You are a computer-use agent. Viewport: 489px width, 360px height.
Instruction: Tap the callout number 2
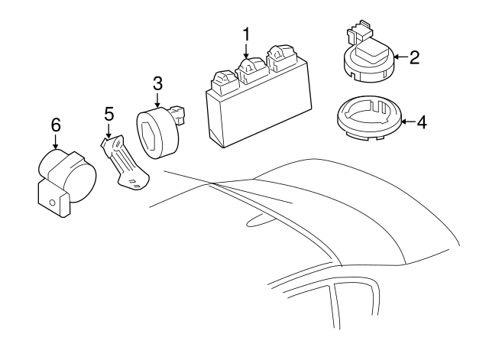pyautogui.click(x=413, y=57)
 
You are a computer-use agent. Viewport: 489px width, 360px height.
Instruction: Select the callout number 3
pyautogui.click(x=157, y=83)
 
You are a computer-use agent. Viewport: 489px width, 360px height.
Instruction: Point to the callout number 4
pyautogui.click(x=420, y=121)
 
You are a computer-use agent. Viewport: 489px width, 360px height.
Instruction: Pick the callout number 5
pyautogui.click(x=109, y=114)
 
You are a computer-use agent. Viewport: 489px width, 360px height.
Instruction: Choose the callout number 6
pyautogui.click(x=55, y=125)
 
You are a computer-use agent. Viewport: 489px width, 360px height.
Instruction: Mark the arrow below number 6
pyautogui.click(x=55, y=144)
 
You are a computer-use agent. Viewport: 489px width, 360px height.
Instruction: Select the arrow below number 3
pyautogui.click(x=157, y=101)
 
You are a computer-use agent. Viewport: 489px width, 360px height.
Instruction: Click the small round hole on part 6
pyautogui.click(x=52, y=202)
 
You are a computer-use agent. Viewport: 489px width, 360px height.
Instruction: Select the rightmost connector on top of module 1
pyautogui.click(x=279, y=57)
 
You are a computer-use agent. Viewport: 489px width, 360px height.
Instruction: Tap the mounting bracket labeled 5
pyautogui.click(x=125, y=165)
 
